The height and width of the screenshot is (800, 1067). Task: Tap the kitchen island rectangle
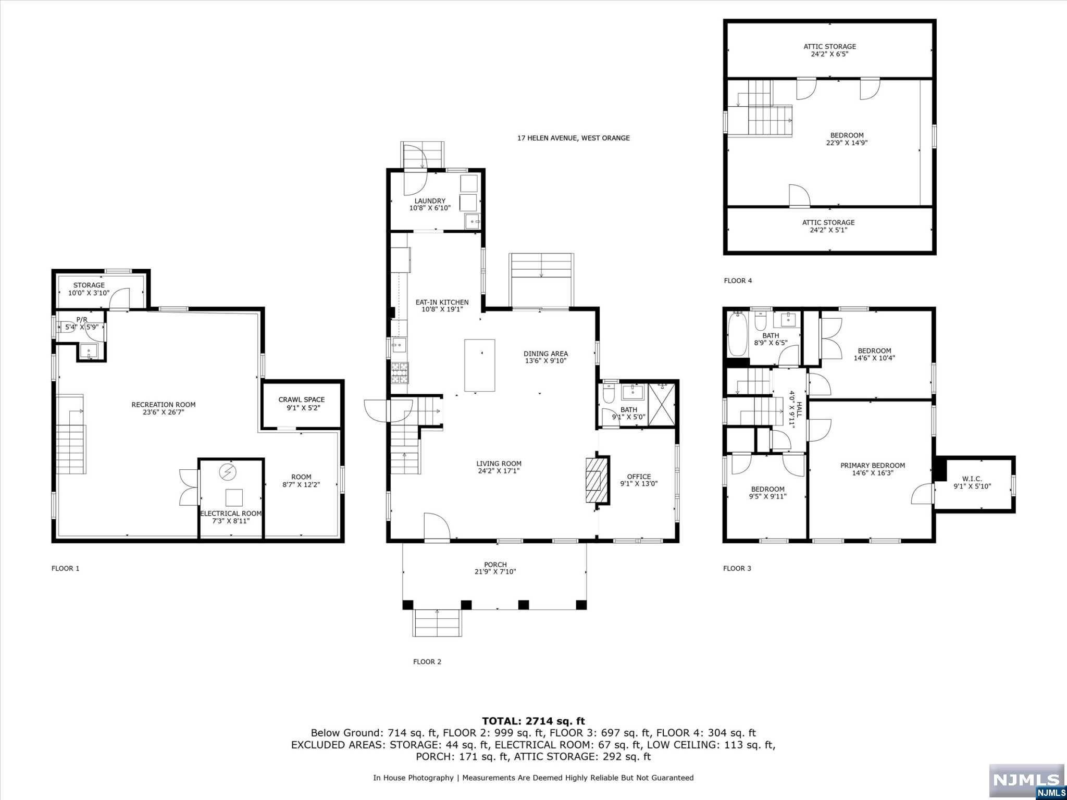pos(480,366)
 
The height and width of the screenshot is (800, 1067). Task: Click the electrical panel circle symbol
pos(228,472)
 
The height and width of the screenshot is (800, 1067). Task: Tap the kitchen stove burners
pos(400,373)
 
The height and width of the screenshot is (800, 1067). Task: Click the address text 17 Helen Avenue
pos(574,138)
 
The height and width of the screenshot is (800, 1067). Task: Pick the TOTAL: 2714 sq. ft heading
pos(533,721)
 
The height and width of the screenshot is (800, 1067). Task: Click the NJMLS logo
pos(1026,781)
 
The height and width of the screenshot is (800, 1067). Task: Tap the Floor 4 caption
pos(738,281)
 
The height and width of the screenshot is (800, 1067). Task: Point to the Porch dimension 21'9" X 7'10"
pos(495,572)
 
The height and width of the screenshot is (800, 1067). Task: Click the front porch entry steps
pos(437,623)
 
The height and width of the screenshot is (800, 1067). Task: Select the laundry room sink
pos(473,221)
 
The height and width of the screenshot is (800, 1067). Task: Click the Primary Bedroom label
pos(873,466)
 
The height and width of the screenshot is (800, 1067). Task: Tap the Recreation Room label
pos(164,405)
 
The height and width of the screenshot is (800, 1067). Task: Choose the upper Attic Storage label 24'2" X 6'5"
pos(829,50)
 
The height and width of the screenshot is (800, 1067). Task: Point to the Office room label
pos(639,477)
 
